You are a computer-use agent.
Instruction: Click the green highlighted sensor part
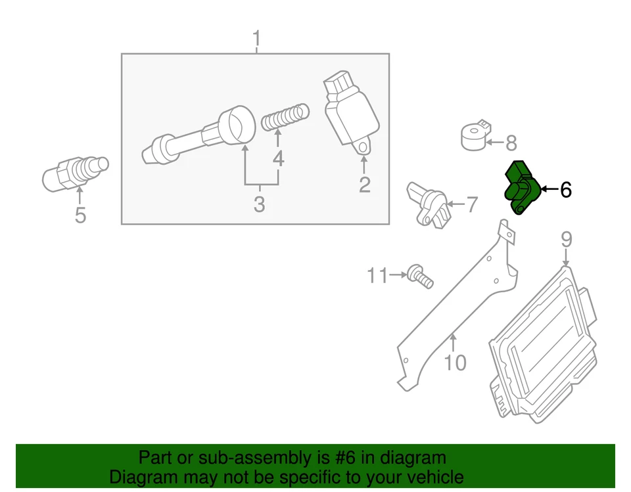click(521, 187)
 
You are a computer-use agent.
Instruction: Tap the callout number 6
click(565, 190)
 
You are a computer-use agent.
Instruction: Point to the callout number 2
click(364, 185)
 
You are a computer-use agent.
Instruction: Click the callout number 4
click(278, 158)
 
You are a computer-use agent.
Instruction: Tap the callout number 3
click(259, 204)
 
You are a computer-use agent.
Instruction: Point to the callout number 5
click(80, 215)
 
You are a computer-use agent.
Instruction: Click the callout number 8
click(511, 143)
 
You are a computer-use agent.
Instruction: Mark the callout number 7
click(472, 205)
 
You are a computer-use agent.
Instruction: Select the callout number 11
click(377, 276)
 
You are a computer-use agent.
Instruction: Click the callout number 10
click(455, 362)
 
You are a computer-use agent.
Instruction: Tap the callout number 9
click(566, 240)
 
